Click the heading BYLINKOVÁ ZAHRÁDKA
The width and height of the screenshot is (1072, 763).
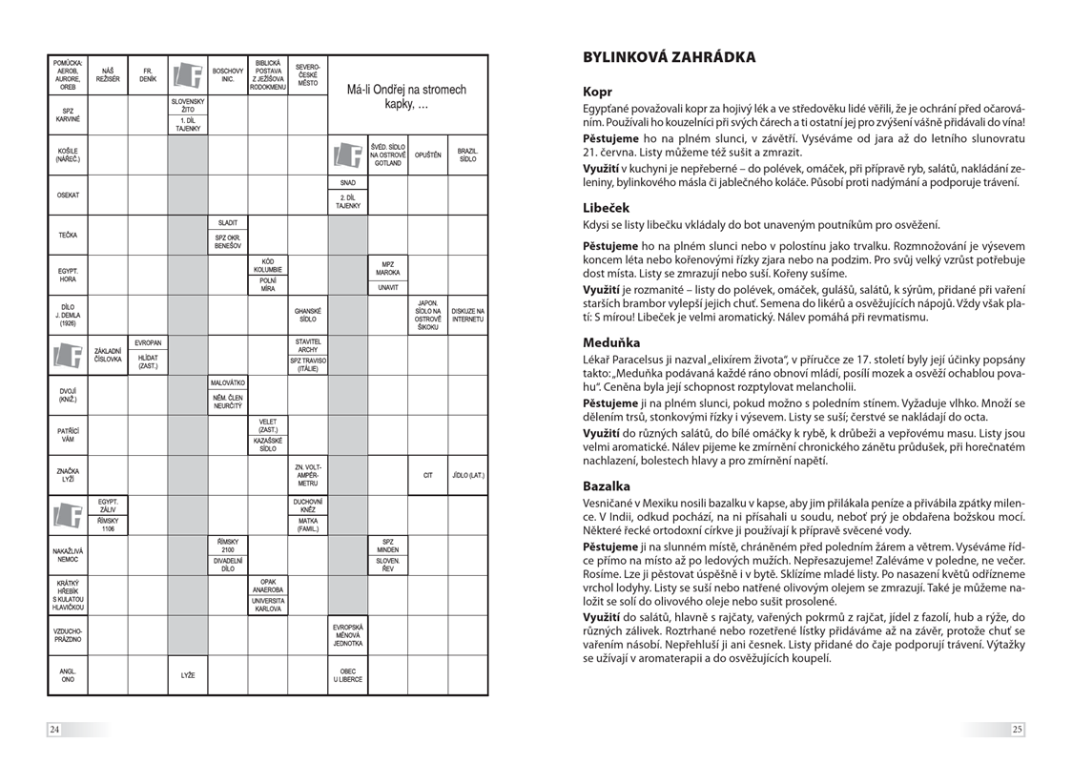click(669, 57)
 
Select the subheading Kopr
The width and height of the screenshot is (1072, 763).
click(598, 93)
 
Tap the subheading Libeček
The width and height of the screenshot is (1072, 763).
click(607, 207)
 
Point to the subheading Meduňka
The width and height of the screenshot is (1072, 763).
click(611, 341)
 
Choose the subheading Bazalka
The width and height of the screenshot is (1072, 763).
click(607, 485)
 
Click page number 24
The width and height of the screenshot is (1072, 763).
click(55, 730)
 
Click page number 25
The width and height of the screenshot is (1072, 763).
click(1017, 730)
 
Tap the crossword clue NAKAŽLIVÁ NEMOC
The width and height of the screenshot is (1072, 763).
click(68, 554)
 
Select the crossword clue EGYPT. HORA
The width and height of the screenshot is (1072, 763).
click(68, 275)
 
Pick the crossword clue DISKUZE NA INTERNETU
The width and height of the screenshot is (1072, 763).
click(467, 315)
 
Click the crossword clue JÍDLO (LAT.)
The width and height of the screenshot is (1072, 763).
click(467, 475)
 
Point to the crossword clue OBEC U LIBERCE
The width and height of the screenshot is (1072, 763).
click(347, 675)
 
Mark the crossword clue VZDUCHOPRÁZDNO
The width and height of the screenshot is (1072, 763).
click(68, 634)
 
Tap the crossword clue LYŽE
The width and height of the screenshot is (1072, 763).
click(188, 675)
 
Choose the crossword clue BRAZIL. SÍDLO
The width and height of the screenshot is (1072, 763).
click(467, 154)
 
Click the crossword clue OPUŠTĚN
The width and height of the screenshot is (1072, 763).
click(427, 155)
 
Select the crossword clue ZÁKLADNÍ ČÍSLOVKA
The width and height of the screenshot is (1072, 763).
click(108, 355)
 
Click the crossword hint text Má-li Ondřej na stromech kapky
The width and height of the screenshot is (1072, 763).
click(407, 96)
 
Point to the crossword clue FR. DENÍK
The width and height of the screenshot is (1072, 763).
click(148, 74)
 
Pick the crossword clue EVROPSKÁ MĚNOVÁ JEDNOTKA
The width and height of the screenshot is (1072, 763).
click(347, 634)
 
